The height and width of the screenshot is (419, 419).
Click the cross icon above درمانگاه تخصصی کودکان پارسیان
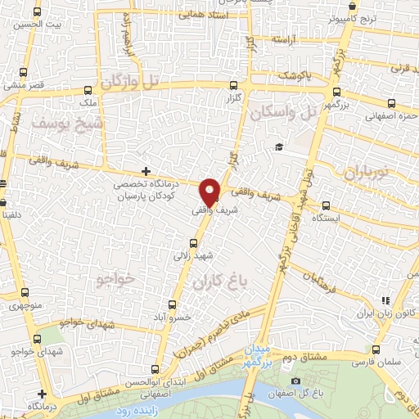pyautogui.click(x=146, y=171)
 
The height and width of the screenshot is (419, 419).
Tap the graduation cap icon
pyautogui.click(x=280, y=147)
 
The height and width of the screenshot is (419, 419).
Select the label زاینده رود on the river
pyautogui.click(x=128, y=409)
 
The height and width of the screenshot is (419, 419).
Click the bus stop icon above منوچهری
pyautogui.click(x=24, y=293)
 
